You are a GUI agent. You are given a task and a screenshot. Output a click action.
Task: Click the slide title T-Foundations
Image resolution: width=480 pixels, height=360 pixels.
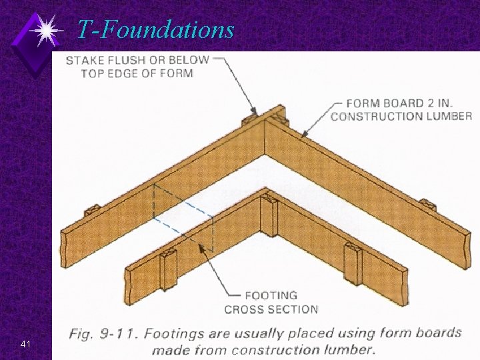[155, 29]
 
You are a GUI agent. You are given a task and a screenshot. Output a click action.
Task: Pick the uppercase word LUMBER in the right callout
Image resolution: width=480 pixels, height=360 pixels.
[447, 117]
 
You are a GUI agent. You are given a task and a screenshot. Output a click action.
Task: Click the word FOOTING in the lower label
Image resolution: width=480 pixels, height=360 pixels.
[271, 295]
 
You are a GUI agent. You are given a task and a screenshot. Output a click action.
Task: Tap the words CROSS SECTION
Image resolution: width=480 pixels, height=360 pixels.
[271, 309]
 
